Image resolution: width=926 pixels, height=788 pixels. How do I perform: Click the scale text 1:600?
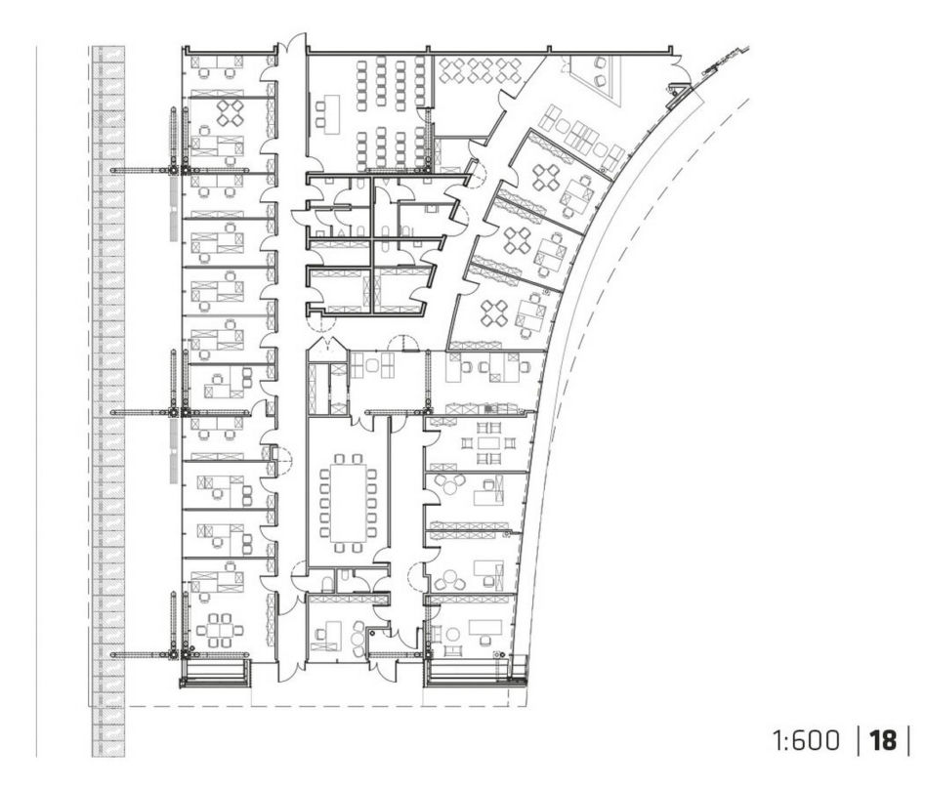click(806, 740)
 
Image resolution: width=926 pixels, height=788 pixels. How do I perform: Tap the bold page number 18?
click(883, 740)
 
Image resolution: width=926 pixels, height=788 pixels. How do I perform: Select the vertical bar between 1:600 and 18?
click(858, 740)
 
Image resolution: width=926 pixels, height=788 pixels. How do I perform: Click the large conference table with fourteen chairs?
click(348, 502)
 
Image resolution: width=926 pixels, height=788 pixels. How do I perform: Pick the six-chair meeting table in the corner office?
click(221, 630)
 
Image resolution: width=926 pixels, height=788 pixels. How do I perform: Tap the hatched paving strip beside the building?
click(108, 401)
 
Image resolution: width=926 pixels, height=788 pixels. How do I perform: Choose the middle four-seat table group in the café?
click(479, 69)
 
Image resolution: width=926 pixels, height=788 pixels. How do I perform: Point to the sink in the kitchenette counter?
click(489, 407)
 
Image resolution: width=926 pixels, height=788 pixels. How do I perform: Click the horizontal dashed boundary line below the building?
click(328, 707)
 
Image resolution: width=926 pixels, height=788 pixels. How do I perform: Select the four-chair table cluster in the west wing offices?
click(230, 112)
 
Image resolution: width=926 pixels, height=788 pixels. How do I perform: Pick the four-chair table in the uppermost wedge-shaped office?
click(546, 177)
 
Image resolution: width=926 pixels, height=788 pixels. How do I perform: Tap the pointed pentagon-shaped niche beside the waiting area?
click(326, 349)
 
